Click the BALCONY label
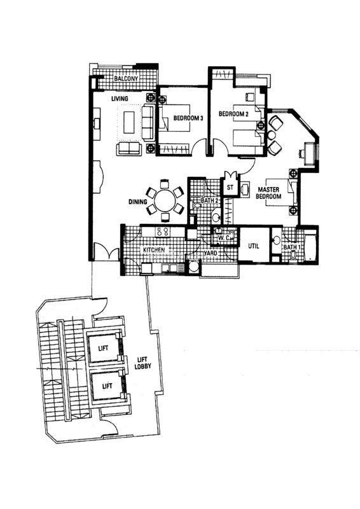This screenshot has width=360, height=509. (126, 78)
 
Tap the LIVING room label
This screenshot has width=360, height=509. (120, 99)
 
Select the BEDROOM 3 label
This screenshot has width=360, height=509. (188, 118)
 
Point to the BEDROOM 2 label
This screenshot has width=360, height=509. (233, 114)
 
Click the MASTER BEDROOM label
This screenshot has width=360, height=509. (268, 193)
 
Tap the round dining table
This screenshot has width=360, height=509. (165, 201)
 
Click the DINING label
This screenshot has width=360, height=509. (137, 202)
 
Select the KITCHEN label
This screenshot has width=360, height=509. (154, 250)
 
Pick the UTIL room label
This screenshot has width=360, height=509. (254, 246)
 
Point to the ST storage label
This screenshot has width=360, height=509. (230, 187)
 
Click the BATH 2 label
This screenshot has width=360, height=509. (209, 200)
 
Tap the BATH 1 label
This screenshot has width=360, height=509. (292, 248)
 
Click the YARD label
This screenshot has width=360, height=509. (211, 253)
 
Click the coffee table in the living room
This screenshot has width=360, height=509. (129, 122)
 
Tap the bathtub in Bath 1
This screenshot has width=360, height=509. (311, 246)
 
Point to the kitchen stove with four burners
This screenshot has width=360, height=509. (163, 232)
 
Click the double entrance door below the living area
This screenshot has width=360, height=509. (106, 252)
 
